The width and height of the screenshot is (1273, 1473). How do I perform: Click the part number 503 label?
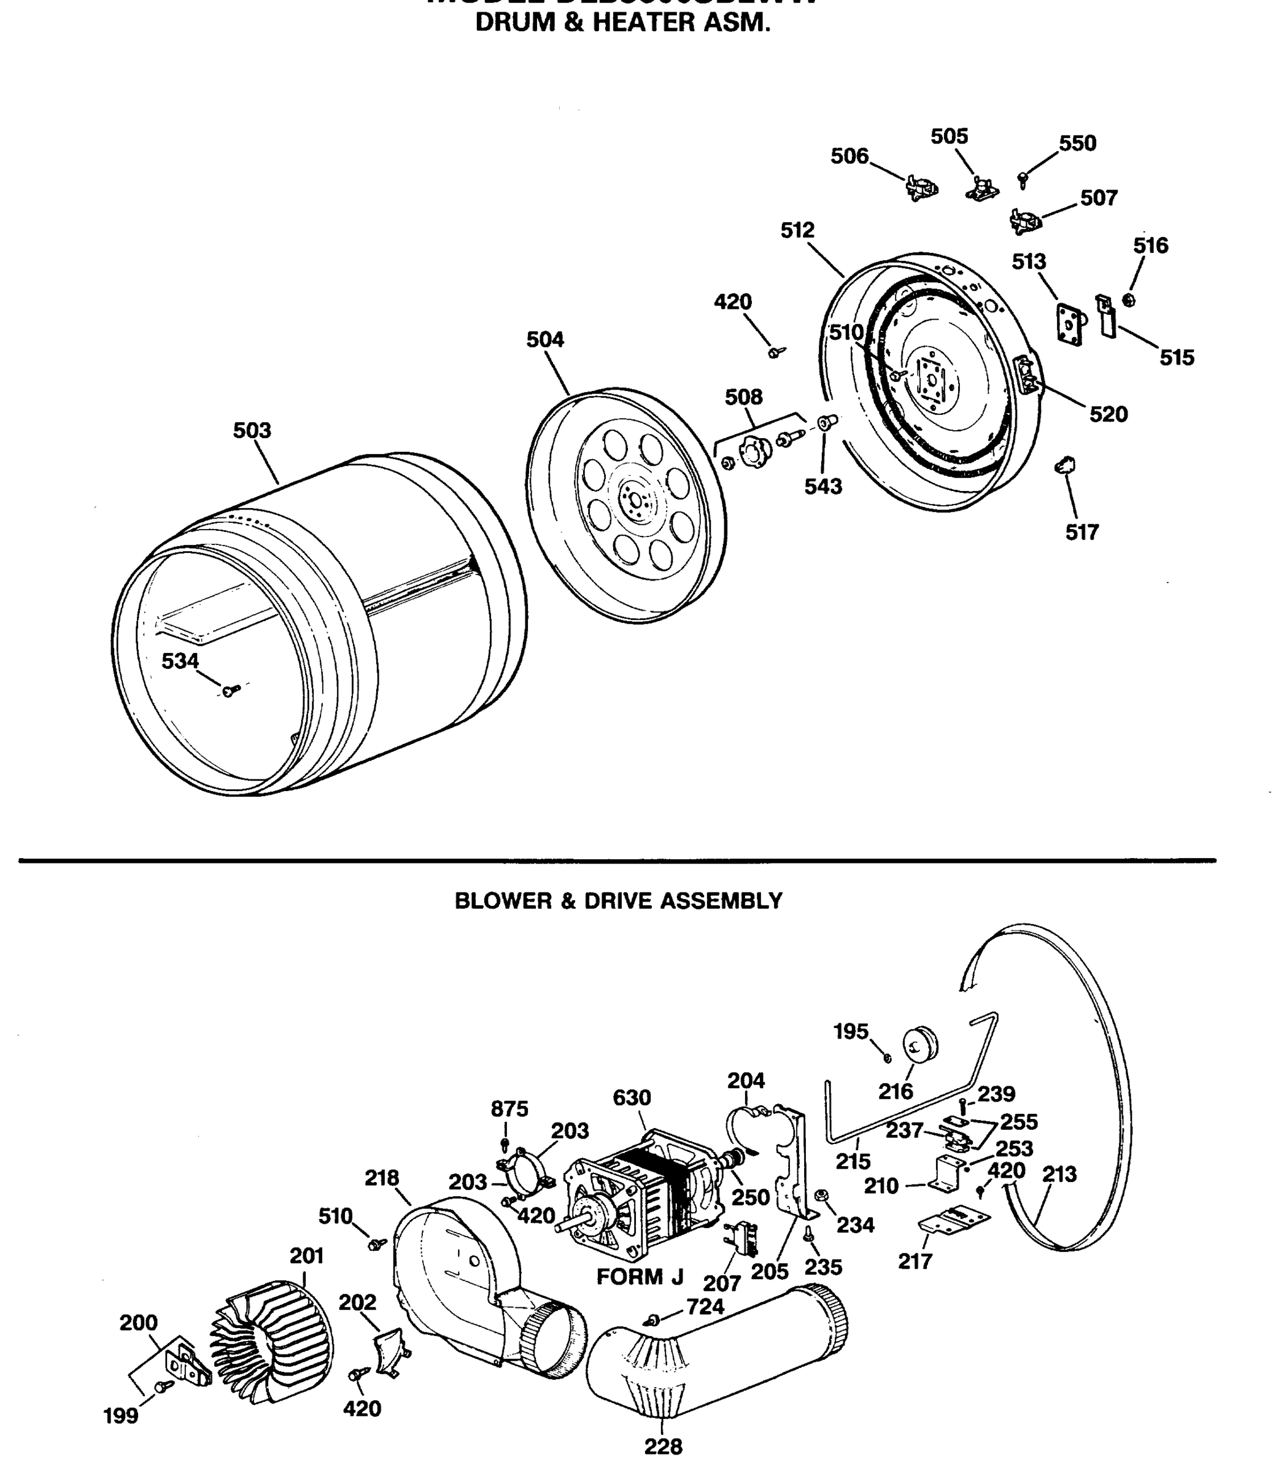click(252, 430)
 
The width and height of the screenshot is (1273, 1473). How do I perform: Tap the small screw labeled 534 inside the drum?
click(228, 690)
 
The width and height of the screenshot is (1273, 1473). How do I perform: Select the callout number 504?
click(545, 340)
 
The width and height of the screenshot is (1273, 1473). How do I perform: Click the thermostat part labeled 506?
click(921, 189)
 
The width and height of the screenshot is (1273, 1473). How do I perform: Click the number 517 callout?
click(1081, 532)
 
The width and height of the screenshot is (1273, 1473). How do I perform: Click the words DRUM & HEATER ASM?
click(622, 23)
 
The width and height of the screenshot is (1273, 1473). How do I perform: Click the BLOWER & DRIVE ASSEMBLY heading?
click(618, 902)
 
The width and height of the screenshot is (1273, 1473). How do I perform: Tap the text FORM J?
click(639, 1277)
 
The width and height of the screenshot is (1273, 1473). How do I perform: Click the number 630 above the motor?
click(632, 1097)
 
